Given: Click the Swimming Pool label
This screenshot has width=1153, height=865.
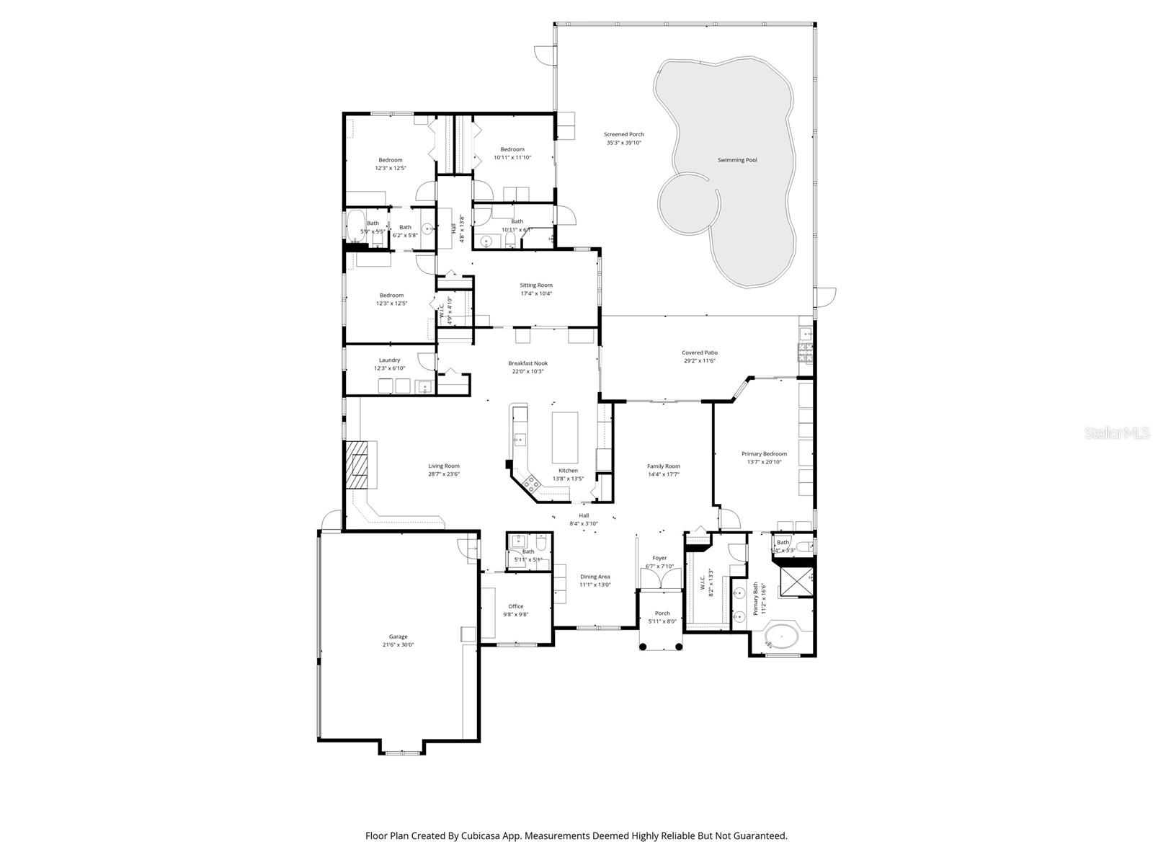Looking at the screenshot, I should (736, 160).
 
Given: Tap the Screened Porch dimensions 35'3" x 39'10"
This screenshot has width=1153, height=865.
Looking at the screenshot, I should (623, 143).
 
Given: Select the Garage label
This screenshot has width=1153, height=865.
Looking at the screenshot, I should (398, 636).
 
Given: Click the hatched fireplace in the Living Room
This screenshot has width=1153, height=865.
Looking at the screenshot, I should (357, 466).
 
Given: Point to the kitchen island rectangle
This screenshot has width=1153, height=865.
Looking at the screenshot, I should (564, 437).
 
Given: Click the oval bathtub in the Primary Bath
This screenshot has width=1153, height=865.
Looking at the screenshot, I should (780, 637).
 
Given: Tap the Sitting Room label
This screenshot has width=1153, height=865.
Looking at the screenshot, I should (536, 285).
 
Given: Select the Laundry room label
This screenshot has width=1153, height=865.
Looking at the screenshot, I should (389, 360).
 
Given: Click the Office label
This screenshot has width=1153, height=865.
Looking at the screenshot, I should (515, 606).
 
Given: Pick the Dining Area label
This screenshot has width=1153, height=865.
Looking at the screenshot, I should (595, 577).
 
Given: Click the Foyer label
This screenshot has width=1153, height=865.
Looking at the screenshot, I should (659, 558).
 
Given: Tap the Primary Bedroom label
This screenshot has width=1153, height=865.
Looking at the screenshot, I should (764, 454).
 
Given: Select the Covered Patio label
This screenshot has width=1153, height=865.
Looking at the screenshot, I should (700, 352).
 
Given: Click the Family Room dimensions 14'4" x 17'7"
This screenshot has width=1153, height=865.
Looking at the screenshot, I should (663, 474).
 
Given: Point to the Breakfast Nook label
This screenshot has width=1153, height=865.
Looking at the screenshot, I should (527, 363).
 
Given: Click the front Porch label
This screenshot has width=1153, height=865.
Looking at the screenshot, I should (662, 613).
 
